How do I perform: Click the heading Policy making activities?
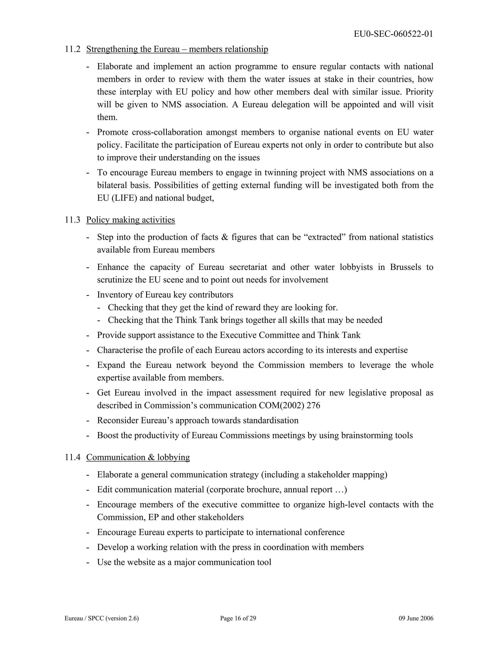130,220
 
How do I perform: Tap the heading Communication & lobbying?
138,457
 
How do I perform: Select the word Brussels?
405,267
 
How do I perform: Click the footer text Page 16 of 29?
238,618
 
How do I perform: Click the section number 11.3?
72,220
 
